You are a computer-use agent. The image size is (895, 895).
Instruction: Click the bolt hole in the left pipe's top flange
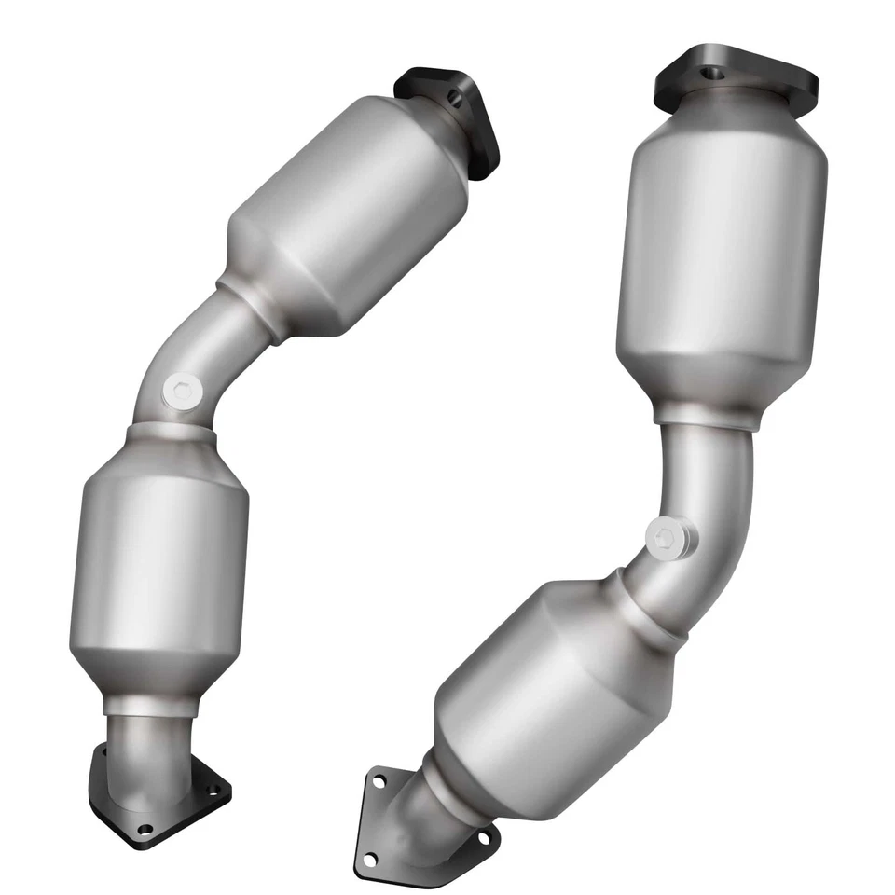coord(454,96)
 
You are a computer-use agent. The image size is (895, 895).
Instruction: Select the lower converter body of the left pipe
coord(158,569)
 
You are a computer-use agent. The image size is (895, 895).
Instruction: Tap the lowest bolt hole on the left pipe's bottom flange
coord(144,828)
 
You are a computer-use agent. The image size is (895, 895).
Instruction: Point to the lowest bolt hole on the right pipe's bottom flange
coord(370,858)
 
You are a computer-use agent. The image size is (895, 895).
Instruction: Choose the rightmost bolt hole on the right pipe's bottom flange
coord(483,838)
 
